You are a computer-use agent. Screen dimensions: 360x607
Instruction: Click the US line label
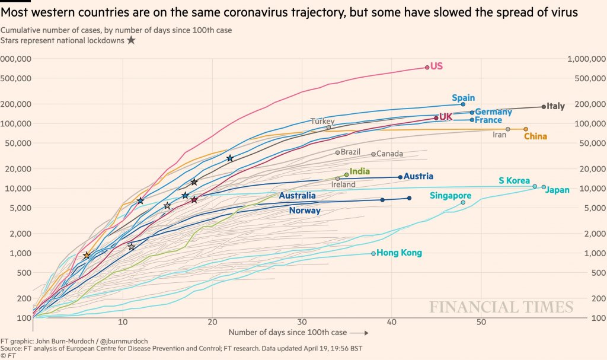click(436, 66)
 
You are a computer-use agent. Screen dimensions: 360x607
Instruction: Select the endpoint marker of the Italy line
click(544, 107)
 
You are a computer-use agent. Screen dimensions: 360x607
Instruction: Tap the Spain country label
click(463, 98)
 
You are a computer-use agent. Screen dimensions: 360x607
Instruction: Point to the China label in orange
click(535, 136)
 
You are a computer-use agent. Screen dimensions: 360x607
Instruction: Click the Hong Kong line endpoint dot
click(373, 253)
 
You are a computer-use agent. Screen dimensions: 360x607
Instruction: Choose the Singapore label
click(451, 196)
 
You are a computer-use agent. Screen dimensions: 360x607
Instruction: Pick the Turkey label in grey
click(322, 121)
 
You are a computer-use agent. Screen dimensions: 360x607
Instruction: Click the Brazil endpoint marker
click(338, 152)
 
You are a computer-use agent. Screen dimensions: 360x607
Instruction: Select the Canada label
click(389, 154)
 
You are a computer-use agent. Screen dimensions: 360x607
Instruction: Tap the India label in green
click(360, 171)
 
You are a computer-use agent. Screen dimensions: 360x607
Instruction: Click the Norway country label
click(305, 211)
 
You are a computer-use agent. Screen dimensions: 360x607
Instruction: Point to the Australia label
click(297, 196)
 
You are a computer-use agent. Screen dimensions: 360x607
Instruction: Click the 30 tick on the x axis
click(302, 323)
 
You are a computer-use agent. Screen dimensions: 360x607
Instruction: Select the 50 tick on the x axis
click(481, 323)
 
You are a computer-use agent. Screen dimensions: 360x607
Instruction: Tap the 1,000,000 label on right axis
click(586, 59)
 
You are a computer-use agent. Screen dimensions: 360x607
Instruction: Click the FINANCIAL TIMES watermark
click(501, 307)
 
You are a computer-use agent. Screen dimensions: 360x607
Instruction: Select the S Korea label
click(514, 180)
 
